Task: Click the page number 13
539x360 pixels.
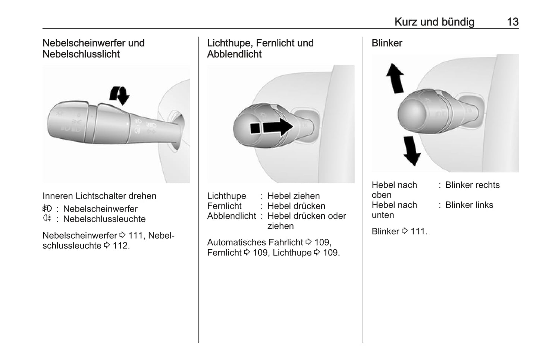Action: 513,22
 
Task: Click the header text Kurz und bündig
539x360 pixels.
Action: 434,22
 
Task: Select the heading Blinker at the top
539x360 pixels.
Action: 387,43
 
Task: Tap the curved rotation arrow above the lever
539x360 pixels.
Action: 119,95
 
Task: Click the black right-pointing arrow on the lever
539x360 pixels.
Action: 278,127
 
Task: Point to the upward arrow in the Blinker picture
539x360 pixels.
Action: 395,78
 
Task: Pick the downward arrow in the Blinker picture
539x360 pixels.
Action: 411,150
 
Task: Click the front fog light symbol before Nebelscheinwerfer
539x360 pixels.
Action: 47,209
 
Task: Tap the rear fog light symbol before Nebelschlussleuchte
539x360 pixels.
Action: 47,219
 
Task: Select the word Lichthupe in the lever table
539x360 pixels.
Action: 226,196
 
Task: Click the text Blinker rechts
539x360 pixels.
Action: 472,185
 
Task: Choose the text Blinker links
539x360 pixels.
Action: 469,205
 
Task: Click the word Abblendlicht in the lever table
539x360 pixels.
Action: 231,216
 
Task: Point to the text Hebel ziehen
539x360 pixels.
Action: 293,196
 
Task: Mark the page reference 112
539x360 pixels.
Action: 120,246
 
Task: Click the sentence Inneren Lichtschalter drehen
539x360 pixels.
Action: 99,196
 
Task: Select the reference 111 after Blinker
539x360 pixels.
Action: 418,232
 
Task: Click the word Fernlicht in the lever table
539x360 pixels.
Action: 224,206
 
